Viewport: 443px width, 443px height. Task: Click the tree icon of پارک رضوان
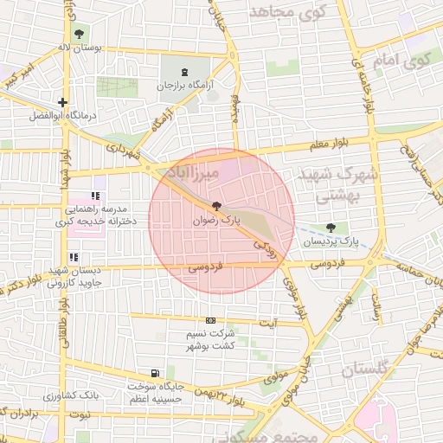[x=216, y=206]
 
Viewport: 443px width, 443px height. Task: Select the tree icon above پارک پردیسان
[x=331, y=227]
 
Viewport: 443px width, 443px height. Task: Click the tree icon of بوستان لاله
[x=80, y=34]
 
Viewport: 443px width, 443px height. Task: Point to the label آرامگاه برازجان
[x=184, y=87]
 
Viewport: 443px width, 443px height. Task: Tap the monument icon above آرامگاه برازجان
[x=185, y=71]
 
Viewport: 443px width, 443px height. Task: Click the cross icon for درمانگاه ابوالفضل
[x=63, y=102]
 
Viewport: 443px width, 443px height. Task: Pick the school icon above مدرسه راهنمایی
[x=95, y=196]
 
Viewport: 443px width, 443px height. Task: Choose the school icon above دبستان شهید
[x=74, y=257]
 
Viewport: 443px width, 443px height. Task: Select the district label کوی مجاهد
[x=286, y=12]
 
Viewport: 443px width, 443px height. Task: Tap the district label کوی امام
[x=403, y=60]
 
